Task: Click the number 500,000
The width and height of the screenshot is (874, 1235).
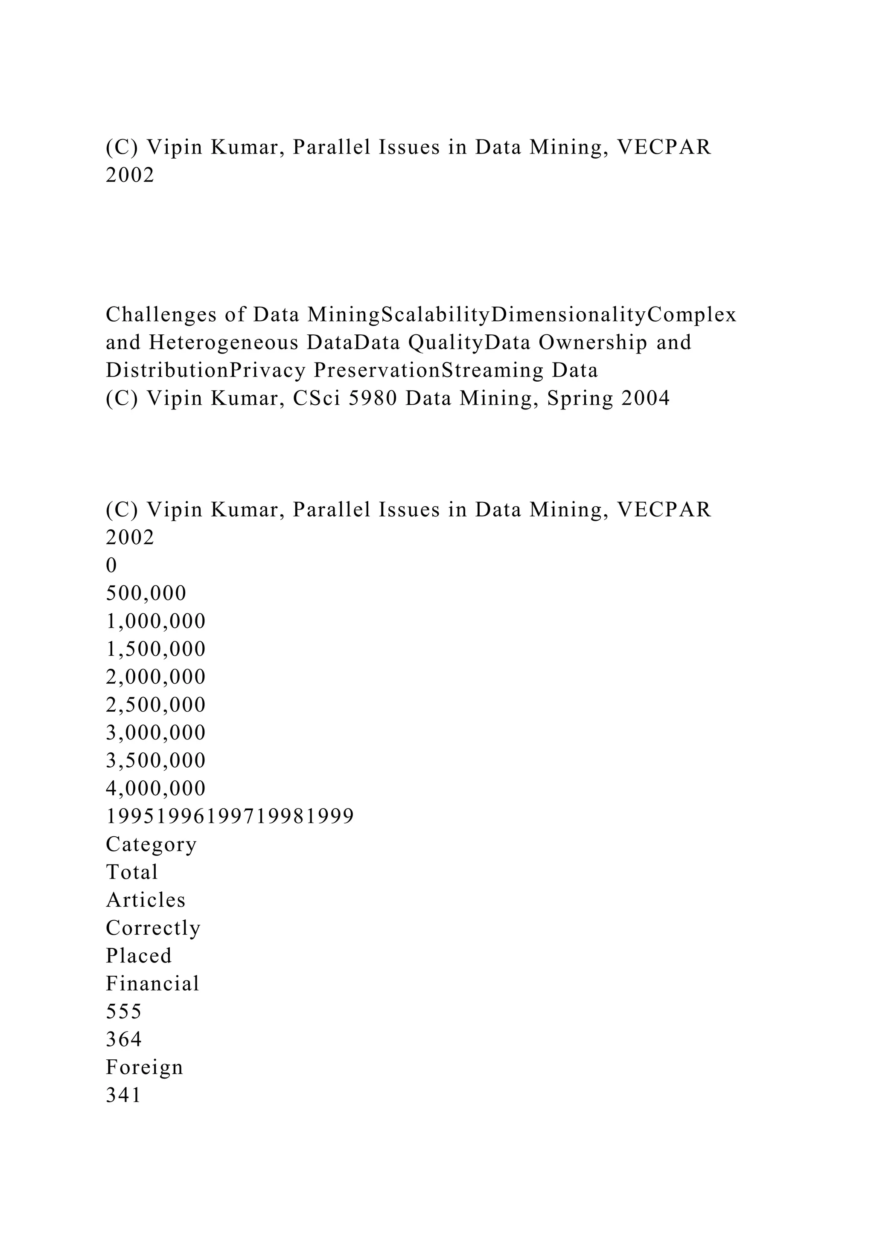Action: point(146,593)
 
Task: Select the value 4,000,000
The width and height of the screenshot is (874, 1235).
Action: point(155,789)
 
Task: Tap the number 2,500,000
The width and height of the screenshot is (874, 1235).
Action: point(155,704)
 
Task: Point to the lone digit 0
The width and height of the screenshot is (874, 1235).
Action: point(111,565)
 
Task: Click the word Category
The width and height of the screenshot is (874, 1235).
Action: point(151,844)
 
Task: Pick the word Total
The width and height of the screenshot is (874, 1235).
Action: point(132,872)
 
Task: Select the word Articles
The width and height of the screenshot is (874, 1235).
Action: point(146,900)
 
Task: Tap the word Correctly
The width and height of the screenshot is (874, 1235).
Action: point(153,928)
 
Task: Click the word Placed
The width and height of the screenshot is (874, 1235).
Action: point(139,956)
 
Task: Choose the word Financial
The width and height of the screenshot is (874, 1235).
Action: point(153,984)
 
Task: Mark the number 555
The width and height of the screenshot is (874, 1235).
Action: point(124,1012)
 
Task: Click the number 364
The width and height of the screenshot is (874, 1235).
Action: point(124,1039)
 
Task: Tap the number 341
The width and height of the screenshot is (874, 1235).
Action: point(124,1095)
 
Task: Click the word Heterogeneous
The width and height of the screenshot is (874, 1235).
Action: point(223,342)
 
